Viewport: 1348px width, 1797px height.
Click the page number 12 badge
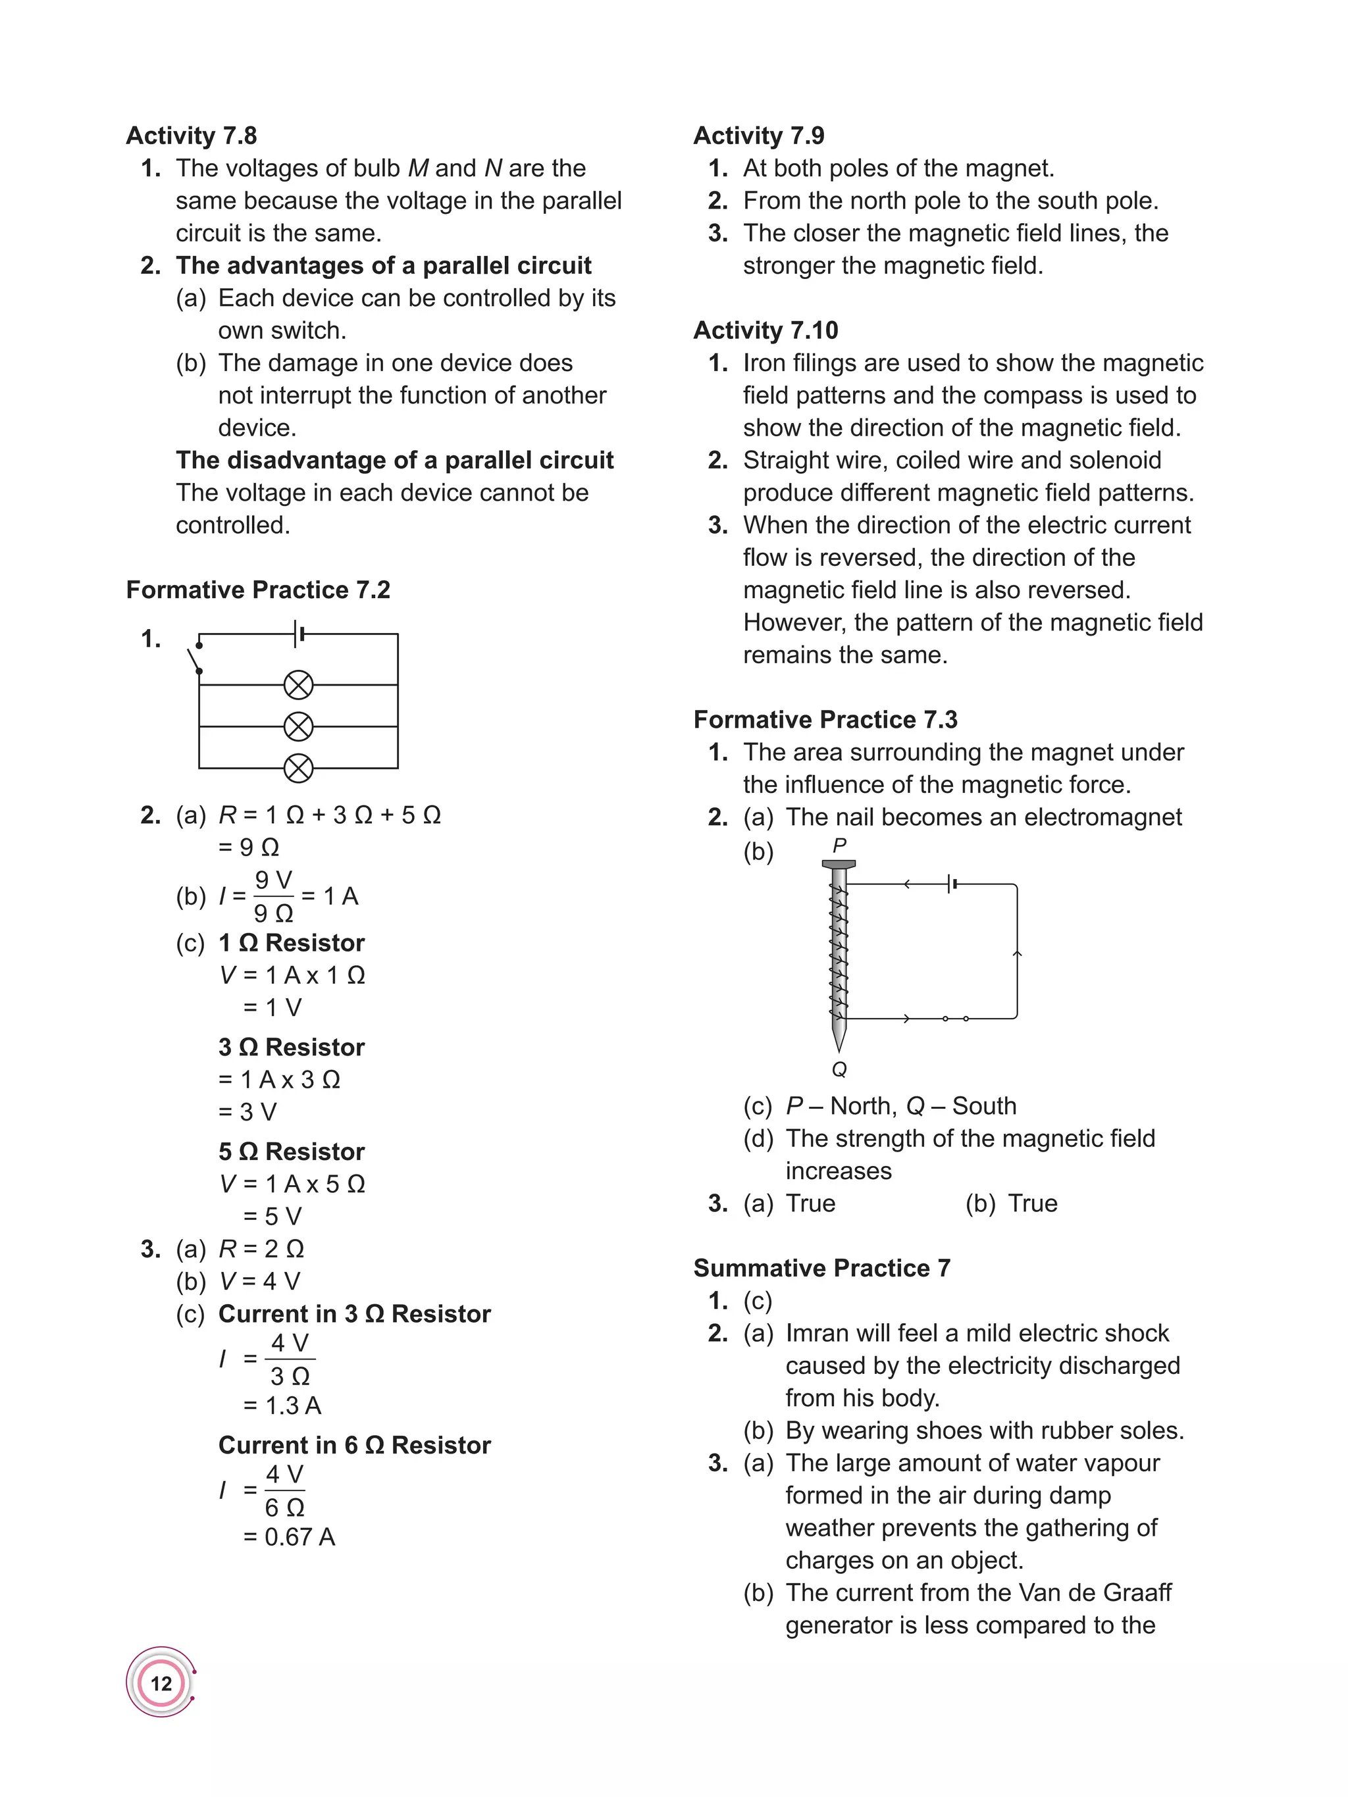161,1683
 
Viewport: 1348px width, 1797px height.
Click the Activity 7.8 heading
192,136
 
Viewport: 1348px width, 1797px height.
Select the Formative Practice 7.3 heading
825,720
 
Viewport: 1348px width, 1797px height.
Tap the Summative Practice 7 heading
821,1268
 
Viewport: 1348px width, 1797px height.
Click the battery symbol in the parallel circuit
299,634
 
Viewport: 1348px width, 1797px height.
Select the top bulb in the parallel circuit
298,685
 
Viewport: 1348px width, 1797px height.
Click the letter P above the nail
839,846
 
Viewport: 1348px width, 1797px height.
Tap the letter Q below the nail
839,1069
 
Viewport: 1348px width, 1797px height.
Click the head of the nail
839,865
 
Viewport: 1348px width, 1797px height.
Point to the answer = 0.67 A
289,1537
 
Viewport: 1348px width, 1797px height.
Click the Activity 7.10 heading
765,330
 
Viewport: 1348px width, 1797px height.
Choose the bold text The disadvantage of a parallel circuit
394,461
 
